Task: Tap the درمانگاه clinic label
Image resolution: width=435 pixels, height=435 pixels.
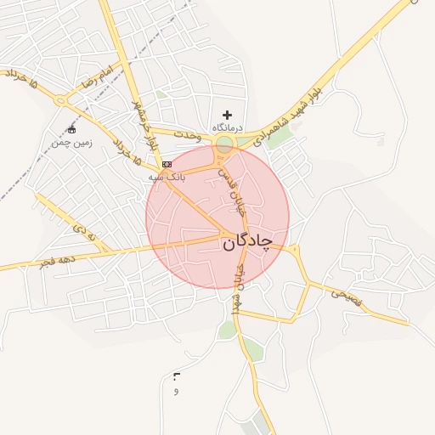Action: pos(228,126)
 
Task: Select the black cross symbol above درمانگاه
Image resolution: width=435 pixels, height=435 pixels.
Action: pos(227,114)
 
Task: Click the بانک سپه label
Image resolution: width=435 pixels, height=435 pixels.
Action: pos(166,176)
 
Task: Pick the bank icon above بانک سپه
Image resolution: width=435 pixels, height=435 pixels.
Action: pos(167,163)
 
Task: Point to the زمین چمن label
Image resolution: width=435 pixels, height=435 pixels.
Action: pos(71,143)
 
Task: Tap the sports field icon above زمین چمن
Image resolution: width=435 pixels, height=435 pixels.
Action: pos(71,130)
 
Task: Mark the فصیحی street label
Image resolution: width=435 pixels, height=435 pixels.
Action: pos(346,295)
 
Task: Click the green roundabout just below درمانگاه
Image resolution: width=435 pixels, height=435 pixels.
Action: pos(225,145)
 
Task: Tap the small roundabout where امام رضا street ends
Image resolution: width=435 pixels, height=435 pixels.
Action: pos(59,99)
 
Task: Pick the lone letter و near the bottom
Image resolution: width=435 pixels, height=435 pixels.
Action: pos(176,391)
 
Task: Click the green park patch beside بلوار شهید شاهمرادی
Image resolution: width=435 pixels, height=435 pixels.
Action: pos(279,136)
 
